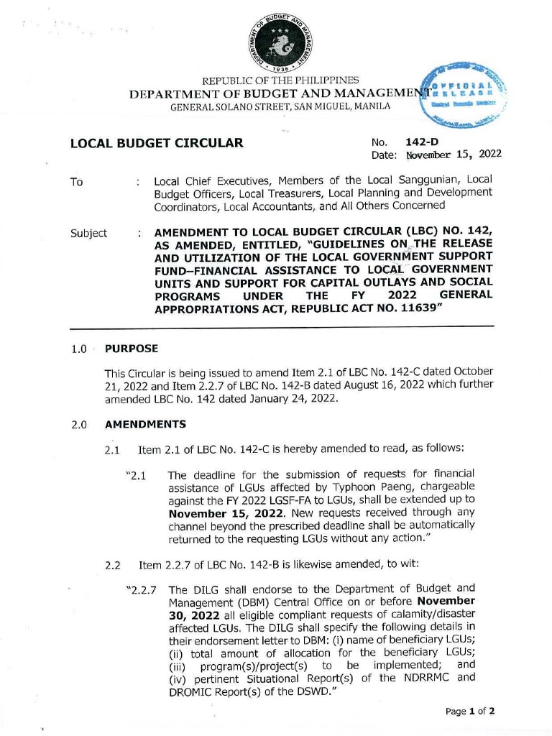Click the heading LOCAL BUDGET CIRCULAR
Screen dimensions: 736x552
tap(157, 142)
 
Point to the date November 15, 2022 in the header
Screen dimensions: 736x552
tap(454, 155)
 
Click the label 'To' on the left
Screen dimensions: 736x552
tap(76, 182)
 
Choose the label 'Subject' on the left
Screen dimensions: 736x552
tap(88, 233)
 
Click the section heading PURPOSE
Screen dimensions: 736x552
tap(132, 349)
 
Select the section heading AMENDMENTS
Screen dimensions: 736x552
tap(145, 424)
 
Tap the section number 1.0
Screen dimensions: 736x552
tap(79, 350)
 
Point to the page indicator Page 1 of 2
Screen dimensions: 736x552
tap(471, 712)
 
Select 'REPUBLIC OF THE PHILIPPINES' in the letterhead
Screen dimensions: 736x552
tap(281, 80)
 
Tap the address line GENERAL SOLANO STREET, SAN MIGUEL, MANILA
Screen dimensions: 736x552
tap(280, 106)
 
